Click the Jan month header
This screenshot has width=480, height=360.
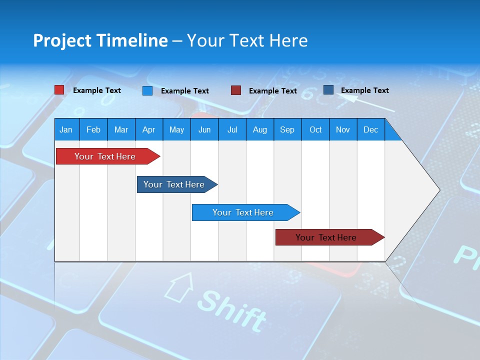coord(66,129)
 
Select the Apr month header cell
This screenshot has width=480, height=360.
coord(148,129)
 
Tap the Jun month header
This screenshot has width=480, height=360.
coord(204,129)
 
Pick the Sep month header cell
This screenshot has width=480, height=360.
coord(287,129)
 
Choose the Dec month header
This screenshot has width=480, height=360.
coord(370,129)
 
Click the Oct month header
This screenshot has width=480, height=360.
coord(315,129)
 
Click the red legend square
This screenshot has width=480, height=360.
coord(59,90)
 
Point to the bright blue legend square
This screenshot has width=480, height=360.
coord(147,90)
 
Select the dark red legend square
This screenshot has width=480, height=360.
coord(236,90)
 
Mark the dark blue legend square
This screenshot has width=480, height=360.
coord(328,90)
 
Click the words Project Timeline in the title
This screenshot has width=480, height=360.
coord(100,40)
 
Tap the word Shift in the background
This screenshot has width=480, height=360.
coord(232,310)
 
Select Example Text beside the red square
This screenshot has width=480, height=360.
coord(97,90)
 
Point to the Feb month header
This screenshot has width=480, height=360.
coord(93,129)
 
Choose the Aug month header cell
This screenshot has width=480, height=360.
coord(259,129)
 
